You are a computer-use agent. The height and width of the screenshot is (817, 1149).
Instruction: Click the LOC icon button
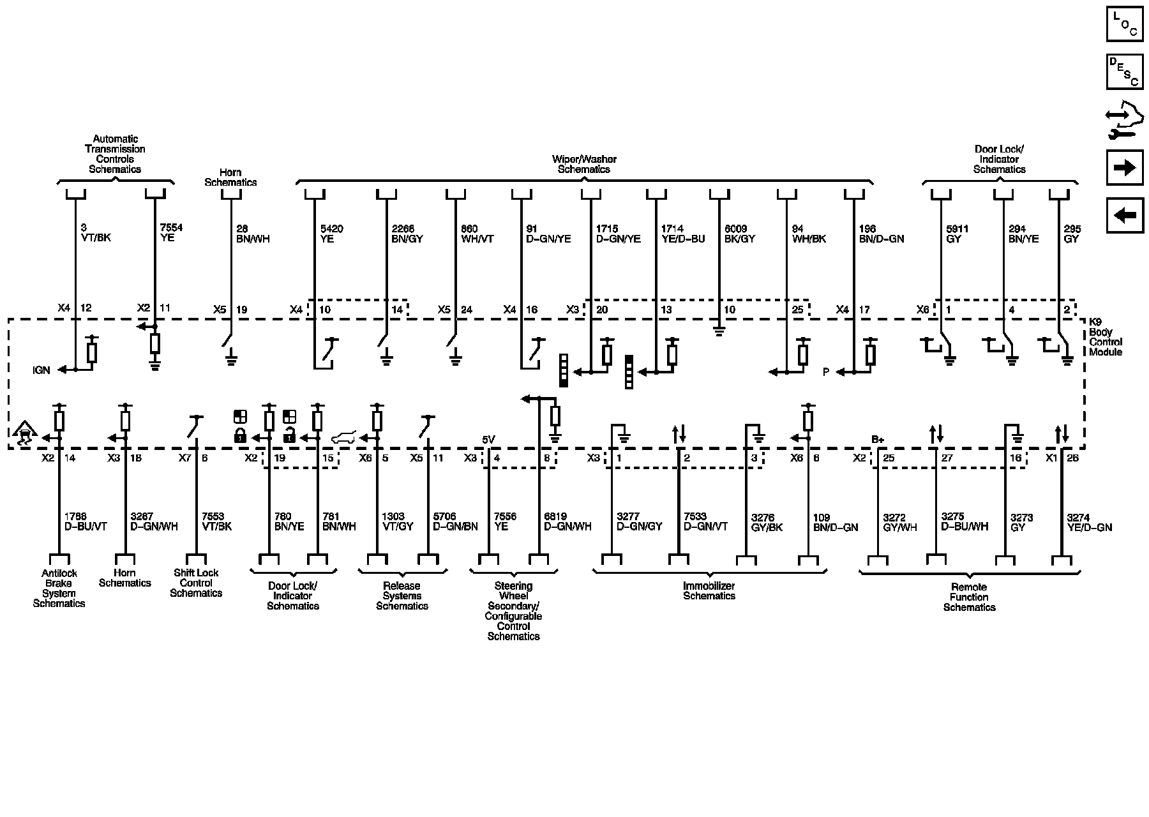tap(1124, 24)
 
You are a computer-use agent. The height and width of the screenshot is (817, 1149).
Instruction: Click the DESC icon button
tap(1124, 71)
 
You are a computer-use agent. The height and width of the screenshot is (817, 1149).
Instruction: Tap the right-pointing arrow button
tap(1124, 167)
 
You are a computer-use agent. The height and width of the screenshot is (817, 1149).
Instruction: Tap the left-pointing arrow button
tap(1124, 215)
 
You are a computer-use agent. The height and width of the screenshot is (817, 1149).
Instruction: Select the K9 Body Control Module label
tap(1105, 337)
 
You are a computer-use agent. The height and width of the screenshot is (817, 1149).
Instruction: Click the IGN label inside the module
tap(41, 370)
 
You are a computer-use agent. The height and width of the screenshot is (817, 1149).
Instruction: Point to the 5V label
tap(488, 440)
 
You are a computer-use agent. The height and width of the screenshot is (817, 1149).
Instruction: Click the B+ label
tap(878, 440)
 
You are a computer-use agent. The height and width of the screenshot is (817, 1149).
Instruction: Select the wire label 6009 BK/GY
tap(739, 234)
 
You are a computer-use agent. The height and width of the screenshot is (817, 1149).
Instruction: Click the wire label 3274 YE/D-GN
tap(1089, 522)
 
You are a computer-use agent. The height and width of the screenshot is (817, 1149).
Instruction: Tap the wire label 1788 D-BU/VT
tap(86, 521)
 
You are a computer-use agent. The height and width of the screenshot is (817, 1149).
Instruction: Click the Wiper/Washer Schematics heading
tap(584, 164)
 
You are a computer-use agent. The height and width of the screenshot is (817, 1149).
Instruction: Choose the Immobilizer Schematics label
tap(709, 590)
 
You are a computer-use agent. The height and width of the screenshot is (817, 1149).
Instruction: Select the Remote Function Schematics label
tap(969, 597)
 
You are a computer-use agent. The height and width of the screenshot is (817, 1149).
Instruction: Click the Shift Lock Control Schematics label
tap(196, 583)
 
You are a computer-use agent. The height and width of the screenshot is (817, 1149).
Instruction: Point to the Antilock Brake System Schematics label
tap(59, 588)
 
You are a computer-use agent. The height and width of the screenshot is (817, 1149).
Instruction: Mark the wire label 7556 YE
tap(505, 521)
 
